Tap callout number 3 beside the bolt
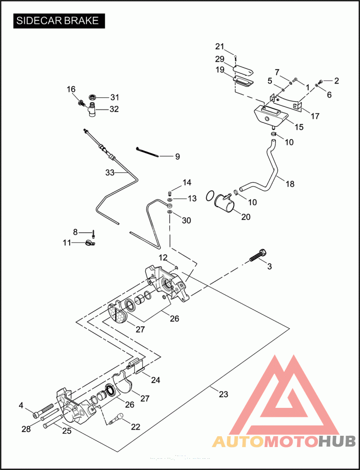[x=270, y=267]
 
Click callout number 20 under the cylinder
[x=246, y=216]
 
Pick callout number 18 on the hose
[x=290, y=184]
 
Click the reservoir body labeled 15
[x=268, y=116]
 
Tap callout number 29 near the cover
[x=220, y=59]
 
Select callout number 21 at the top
[x=219, y=46]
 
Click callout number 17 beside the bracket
[x=315, y=116]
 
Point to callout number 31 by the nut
[x=115, y=97]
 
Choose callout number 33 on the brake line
[x=110, y=172]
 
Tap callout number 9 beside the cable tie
[x=177, y=157]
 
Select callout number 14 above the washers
[x=187, y=182]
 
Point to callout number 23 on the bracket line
[x=223, y=394]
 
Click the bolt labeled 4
[x=41, y=411]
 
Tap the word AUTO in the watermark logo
[x=238, y=441]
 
